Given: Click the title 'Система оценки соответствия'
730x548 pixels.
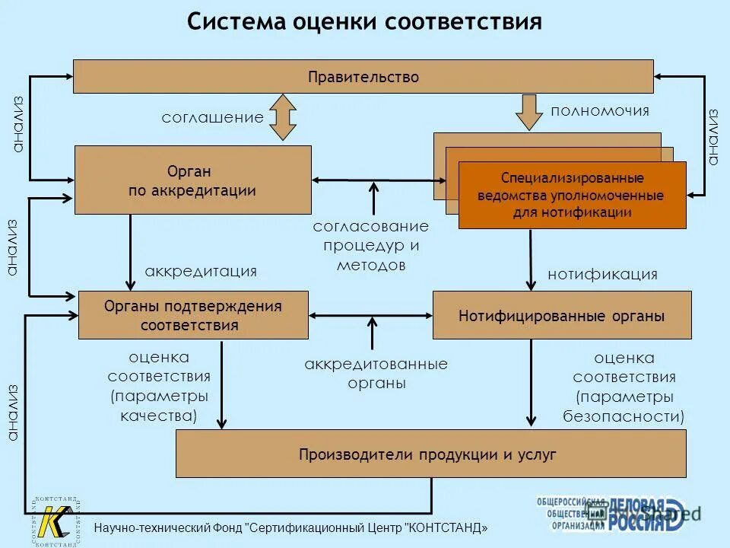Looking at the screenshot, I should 364,22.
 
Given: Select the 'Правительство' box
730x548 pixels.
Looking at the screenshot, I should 363,77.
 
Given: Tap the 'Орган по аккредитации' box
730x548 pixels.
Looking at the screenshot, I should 192,180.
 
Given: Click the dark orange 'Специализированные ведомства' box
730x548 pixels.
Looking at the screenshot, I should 572,196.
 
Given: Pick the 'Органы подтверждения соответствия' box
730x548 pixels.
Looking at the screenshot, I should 193,315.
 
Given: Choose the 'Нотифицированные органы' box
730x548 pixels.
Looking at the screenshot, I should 561,315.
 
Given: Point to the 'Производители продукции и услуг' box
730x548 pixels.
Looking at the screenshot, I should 430,454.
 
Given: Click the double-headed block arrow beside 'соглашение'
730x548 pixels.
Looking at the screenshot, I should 283,117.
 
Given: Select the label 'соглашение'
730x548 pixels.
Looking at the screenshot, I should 212,118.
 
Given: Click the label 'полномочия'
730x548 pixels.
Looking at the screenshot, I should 600,111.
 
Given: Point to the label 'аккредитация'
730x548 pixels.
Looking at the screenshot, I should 201,272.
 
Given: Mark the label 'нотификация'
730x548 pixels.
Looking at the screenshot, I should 602,275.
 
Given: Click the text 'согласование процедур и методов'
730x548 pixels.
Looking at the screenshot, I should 370,246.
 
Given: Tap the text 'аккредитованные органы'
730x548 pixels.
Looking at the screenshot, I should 376,374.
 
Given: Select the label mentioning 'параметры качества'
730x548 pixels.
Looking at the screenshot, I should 159,387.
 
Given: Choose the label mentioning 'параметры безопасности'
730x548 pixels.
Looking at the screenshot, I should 624,387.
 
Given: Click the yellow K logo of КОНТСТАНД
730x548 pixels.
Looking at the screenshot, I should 56,521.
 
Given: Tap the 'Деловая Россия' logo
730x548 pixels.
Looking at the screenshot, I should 646,512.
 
